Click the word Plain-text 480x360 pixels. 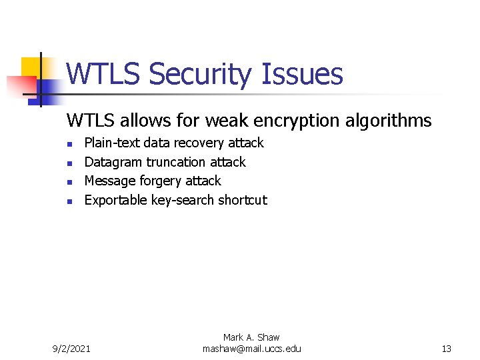112,143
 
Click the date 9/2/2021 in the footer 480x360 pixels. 73,349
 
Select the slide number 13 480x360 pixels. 446,349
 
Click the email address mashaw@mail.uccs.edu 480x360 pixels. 251,349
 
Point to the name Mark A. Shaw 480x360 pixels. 251,338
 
